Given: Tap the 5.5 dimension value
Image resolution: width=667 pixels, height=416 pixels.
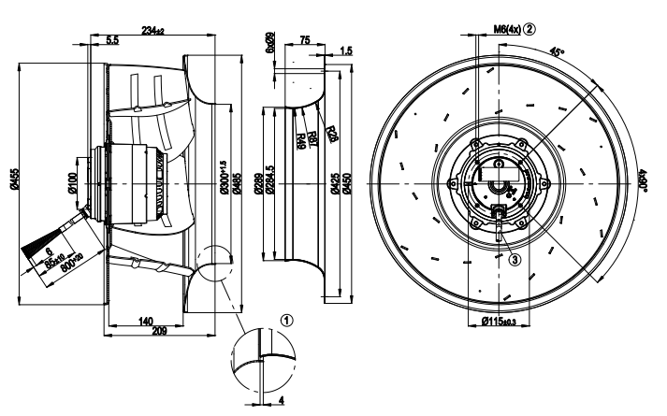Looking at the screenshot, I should pos(112,42).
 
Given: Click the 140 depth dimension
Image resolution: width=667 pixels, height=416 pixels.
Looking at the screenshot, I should pos(146,321).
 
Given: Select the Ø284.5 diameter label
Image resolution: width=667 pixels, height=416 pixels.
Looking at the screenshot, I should pos(269,183).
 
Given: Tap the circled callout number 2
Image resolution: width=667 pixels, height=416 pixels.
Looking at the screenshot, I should pos(529,28).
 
